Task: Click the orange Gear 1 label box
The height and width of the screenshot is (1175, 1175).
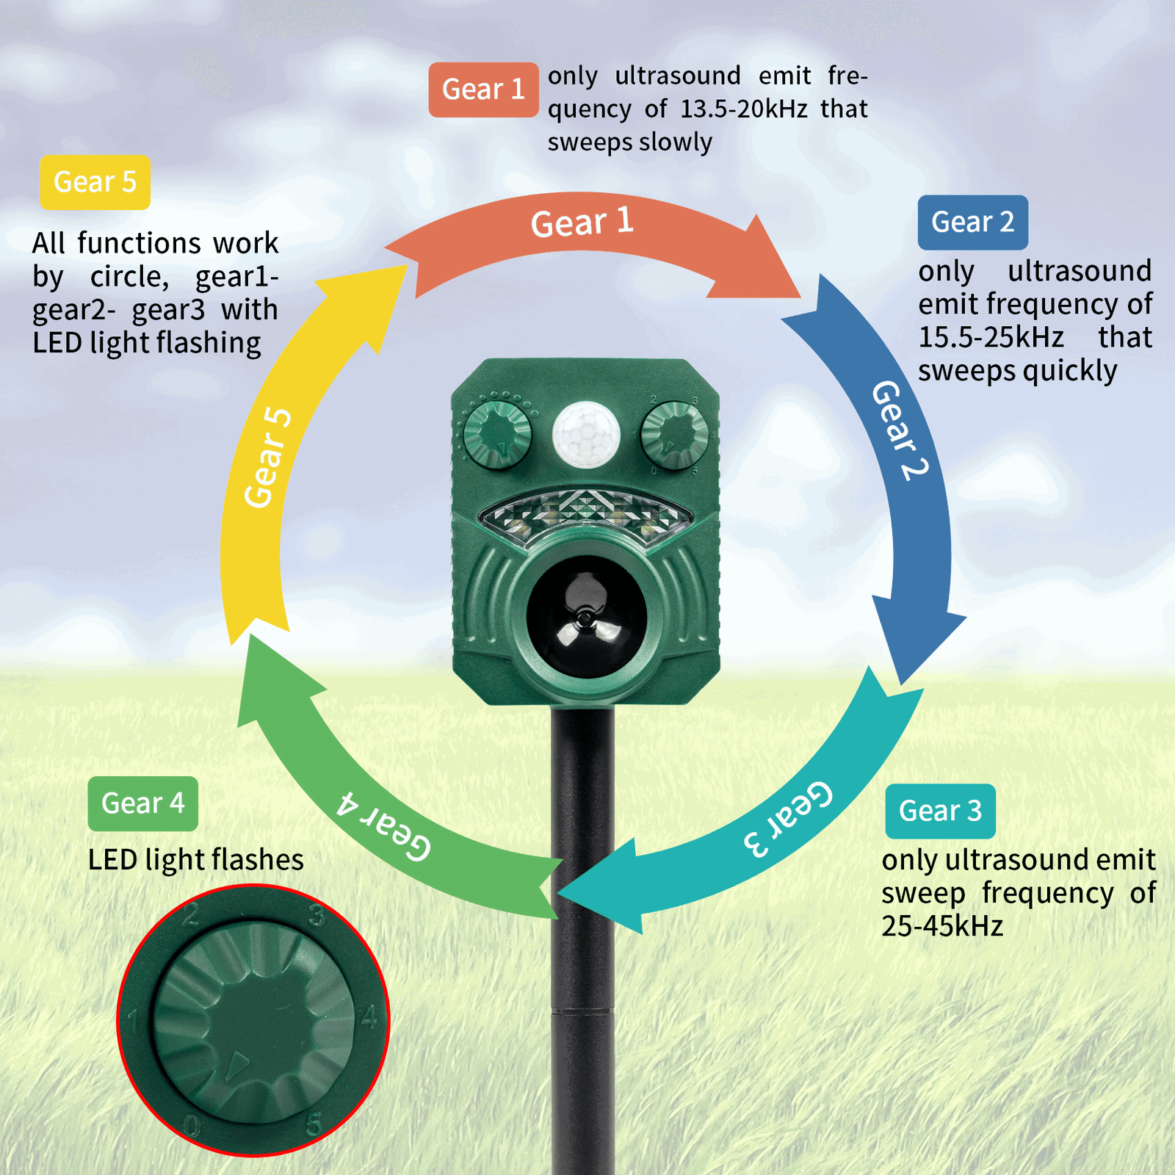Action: (x=483, y=90)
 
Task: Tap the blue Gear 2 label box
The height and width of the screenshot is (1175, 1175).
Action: (x=972, y=222)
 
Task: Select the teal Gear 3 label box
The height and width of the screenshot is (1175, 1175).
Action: (x=940, y=811)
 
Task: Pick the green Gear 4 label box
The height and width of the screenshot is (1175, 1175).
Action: (x=142, y=803)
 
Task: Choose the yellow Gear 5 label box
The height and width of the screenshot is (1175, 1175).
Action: (x=95, y=182)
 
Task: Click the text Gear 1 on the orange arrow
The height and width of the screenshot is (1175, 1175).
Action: (x=582, y=222)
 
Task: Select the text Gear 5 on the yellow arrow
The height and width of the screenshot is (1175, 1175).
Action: (x=268, y=458)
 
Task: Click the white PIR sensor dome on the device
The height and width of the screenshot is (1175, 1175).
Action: (x=586, y=433)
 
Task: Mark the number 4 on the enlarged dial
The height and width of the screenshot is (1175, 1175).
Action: (x=368, y=1018)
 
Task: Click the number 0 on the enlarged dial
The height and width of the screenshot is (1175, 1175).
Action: (x=192, y=1125)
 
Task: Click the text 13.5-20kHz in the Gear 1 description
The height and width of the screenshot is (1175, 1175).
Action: (x=744, y=109)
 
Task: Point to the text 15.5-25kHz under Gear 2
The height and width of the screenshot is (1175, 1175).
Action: (x=991, y=338)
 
